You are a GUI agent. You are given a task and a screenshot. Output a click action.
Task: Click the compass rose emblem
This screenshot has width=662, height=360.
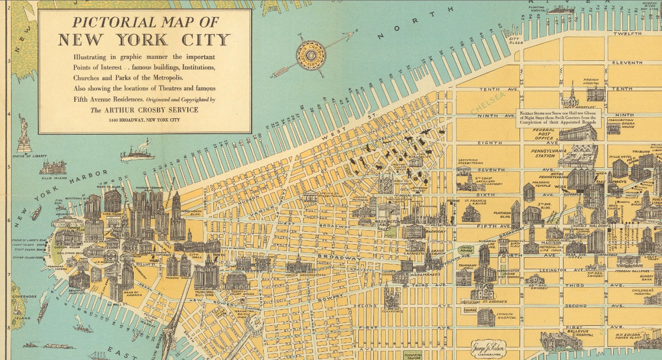(x=311, y=55)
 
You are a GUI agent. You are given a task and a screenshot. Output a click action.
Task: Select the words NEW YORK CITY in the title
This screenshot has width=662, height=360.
(x=144, y=40)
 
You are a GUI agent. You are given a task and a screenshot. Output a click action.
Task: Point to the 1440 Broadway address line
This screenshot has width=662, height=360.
(x=144, y=120)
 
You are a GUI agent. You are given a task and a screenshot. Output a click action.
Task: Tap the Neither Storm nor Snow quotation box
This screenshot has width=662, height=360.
(x=558, y=118)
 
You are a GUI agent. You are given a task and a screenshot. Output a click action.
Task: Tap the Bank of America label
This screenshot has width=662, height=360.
(x=131, y=294)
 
